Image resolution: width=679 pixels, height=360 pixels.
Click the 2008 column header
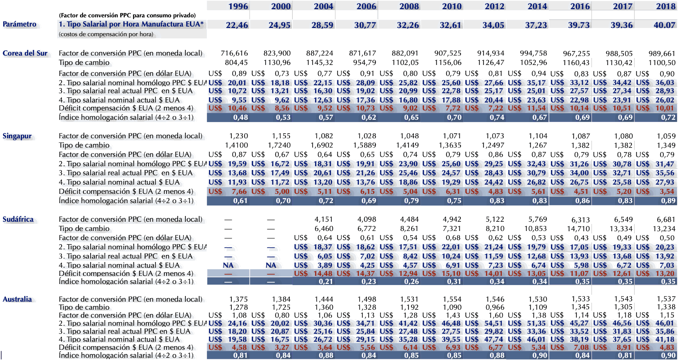pos(409,6)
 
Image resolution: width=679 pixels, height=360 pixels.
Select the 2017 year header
pos(622,6)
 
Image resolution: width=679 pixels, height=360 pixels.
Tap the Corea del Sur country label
pos(25,53)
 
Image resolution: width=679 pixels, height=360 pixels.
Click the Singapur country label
pos(17,136)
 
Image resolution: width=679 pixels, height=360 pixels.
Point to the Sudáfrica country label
pos(18,219)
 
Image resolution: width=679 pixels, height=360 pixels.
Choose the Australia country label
pos(17,299)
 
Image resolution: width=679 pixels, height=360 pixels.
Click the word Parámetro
pos(19,24)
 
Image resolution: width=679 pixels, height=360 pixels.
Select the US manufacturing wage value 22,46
pos(237,25)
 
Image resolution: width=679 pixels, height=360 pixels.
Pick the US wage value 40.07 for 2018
pos(665,25)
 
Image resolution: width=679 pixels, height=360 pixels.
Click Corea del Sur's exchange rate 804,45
pos(236,63)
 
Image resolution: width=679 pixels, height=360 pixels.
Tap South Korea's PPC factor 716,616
pos(234,53)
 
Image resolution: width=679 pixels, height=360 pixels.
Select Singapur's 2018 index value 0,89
pos(668,201)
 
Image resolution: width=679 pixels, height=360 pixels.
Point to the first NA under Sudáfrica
pos(228,265)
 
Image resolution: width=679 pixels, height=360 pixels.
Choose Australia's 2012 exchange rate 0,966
pos(495,307)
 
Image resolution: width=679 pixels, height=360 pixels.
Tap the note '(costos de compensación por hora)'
pos(106,34)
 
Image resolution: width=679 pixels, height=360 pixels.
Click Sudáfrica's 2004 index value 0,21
pos(326,282)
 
